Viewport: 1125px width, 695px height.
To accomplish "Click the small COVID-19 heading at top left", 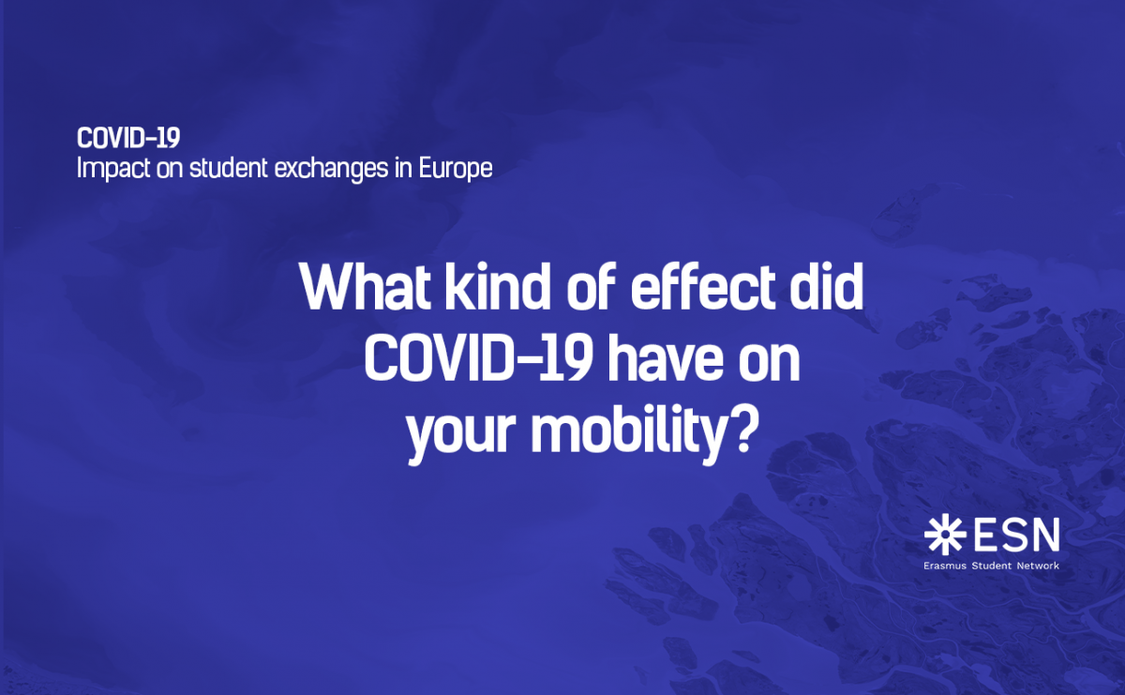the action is coord(128,138).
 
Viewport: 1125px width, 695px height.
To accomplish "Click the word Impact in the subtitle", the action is coord(113,168).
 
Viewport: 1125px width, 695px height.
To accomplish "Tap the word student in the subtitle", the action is coord(229,167).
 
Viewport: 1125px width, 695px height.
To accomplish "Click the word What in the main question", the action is coord(365,286).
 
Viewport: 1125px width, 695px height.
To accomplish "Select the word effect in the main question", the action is coord(702,286).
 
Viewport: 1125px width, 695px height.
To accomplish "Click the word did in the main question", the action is coord(826,286).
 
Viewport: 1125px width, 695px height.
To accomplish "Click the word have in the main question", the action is coord(666,359).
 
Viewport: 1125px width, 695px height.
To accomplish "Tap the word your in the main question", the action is coord(461,434).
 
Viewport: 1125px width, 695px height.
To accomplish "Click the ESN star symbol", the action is coord(945,535).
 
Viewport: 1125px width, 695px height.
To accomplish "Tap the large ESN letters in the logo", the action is coord(1017,535).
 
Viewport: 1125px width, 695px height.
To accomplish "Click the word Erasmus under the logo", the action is coord(945,566).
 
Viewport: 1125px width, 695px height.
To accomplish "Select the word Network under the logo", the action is coord(1038,566).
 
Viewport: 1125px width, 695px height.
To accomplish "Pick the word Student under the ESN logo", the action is coord(992,566).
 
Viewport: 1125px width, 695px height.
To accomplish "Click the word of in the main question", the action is coord(592,286).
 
